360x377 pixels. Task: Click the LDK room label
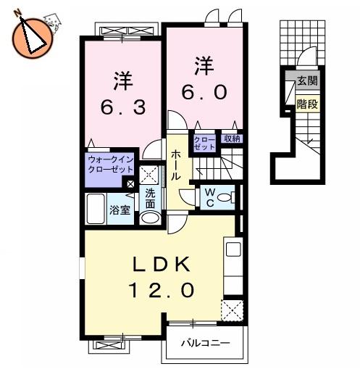pos(162,265)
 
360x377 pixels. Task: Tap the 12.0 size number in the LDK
pos(162,290)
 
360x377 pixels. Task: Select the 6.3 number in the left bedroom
pos(123,107)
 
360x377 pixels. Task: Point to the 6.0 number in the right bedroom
pos(204,92)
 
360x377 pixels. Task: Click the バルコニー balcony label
pos(206,343)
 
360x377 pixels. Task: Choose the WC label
pos(210,198)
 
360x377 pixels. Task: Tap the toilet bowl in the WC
pos(226,197)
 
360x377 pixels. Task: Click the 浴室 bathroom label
pos(120,210)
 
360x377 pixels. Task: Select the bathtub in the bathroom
pos(96,209)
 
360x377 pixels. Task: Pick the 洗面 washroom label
pos(150,199)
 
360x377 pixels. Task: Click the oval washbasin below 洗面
pos(150,217)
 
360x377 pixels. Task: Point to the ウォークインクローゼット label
pos(111,165)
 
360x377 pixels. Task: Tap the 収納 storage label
pos(232,138)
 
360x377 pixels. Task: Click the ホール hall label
pos(175,165)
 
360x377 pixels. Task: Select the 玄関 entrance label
pos(307,80)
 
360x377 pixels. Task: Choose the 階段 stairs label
pos(307,104)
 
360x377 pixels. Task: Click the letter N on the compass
pos(18,13)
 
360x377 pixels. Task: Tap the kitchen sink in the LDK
pos(233,249)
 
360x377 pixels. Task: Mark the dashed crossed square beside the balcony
pos(233,310)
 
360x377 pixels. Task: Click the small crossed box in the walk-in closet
pos(130,184)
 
